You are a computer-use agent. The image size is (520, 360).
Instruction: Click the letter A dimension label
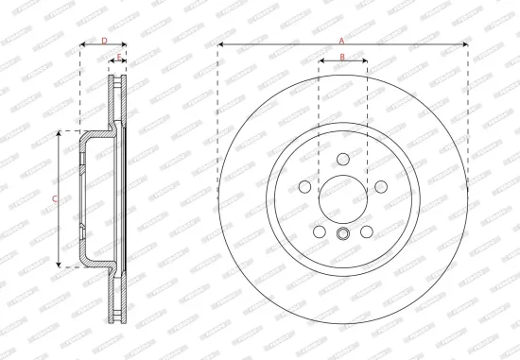point(342,39)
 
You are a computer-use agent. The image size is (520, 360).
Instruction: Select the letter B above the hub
point(342,58)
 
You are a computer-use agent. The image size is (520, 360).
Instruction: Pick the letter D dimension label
point(104,41)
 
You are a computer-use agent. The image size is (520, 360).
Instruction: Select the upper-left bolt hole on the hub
point(308,183)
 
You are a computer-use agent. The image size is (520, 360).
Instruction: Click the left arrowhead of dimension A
point(220,44)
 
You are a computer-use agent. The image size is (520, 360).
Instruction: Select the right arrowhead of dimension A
point(465,44)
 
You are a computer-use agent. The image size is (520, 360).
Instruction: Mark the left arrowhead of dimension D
point(82,46)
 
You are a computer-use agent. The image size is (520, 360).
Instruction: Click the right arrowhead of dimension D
point(125,46)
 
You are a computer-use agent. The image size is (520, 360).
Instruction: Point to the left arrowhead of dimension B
point(321,63)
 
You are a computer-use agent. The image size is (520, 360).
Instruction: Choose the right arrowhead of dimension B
point(364,63)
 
